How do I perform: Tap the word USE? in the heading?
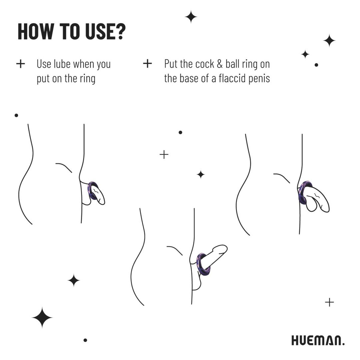(x=105, y=31)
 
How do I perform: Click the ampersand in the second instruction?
(x=220, y=64)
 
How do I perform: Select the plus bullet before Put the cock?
(x=147, y=63)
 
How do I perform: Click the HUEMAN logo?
(x=318, y=340)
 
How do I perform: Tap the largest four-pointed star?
(x=42, y=318)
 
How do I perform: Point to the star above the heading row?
(x=191, y=17)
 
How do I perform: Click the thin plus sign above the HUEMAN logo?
(x=329, y=302)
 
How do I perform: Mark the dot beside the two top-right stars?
(x=316, y=65)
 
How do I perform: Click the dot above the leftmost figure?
(x=16, y=115)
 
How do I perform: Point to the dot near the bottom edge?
(x=85, y=340)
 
